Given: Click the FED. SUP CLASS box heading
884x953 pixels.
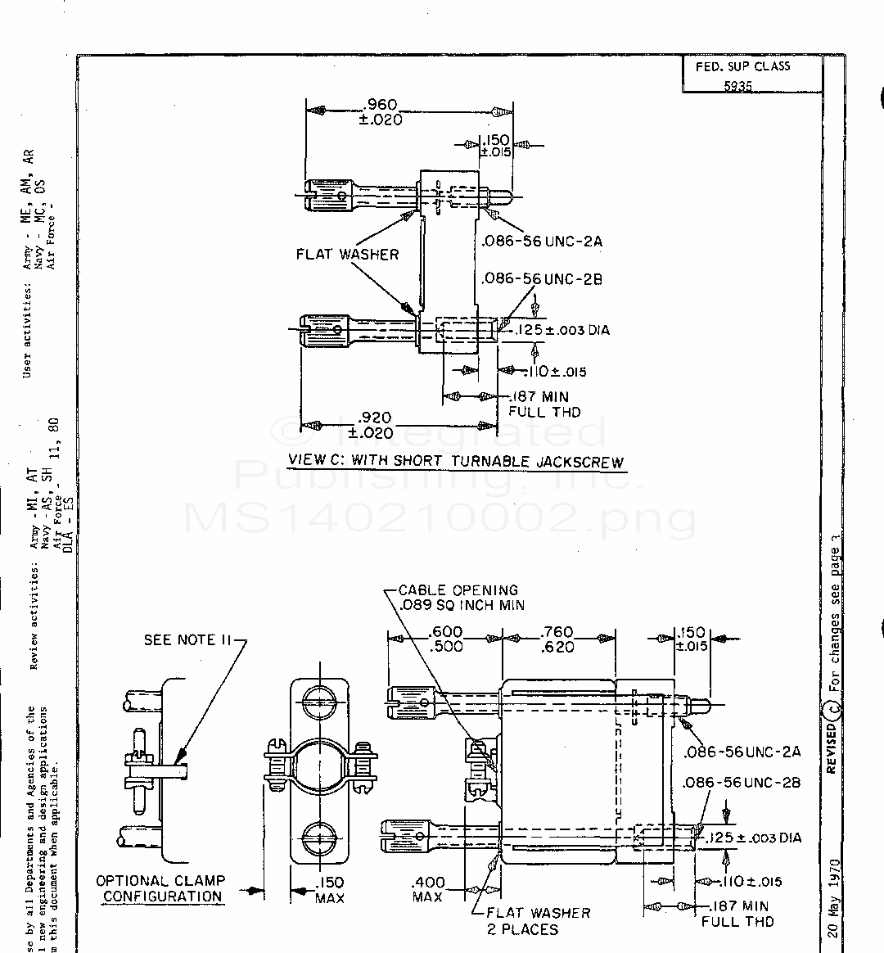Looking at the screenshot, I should pyautogui.click(x=742, y=66).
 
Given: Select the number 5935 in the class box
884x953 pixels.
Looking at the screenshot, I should pyautogui.click(x=737, y=85).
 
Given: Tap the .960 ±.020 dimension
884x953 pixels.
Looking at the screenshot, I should pyautogui.click(x=381, y=111).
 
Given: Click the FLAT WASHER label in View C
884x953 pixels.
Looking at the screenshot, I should pyautogui.click(x=347, y=255).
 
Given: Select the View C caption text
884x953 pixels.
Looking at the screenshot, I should pyautogui.click(x=456, y=461).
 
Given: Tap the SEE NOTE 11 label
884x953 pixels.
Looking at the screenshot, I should pyautogui.click(x=189, y=639).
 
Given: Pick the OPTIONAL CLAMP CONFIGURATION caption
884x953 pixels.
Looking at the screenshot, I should pyautogui.click(x=161, y=888).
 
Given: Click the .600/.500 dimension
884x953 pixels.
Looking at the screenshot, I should pyautogui.click(x=446, y=639).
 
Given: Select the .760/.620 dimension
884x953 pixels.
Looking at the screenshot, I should pyautogui.click(x=557, y=639).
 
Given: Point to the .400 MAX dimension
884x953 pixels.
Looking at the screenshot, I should pyautogui.click(x=428, y=889).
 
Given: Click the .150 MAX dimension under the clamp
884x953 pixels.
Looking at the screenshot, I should pyautogui.click(x=330, y=890).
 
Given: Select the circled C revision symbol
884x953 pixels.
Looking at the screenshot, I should pyautogui.click(x=831, y=707).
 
